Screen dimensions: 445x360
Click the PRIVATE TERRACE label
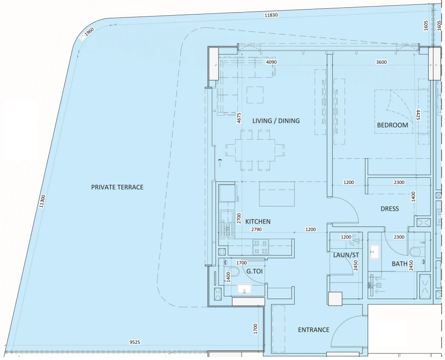point(117,187)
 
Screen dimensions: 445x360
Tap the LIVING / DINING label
point(276,121)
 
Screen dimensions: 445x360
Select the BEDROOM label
point(392,125)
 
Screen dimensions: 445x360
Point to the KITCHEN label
point(258,221)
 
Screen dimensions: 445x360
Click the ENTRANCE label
point(314,330)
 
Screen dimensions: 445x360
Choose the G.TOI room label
point(254,271)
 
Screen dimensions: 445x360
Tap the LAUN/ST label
point(346,255)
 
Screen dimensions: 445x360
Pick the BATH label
point(400,264)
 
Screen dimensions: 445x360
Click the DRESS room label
point(390,209)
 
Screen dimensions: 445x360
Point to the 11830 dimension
point(271,15)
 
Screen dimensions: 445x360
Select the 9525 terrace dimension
point(135,342)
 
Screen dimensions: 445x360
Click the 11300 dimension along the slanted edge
point(42,201)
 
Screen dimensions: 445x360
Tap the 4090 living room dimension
point(271,62)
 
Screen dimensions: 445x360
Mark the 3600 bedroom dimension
point(381,62)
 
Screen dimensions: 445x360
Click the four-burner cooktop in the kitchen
point(261,247)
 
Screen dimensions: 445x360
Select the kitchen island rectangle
point(277,194)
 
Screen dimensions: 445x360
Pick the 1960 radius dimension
point(89,32)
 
